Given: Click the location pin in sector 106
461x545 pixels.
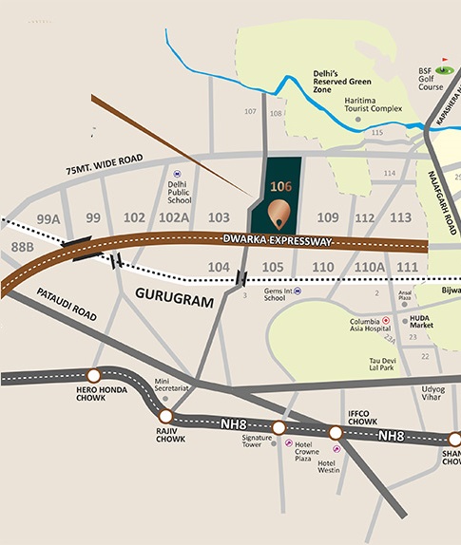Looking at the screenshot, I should (279, 216).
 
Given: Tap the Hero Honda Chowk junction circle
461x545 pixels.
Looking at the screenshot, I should (93, 375).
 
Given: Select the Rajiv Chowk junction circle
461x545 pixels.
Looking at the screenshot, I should (166, 416).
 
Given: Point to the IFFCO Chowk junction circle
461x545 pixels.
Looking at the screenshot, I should (336, 432).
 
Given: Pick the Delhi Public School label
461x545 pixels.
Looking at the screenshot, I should (180, 193).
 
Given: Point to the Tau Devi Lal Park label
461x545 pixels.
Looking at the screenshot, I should (387, 365).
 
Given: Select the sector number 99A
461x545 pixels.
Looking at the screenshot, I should (48, 219).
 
